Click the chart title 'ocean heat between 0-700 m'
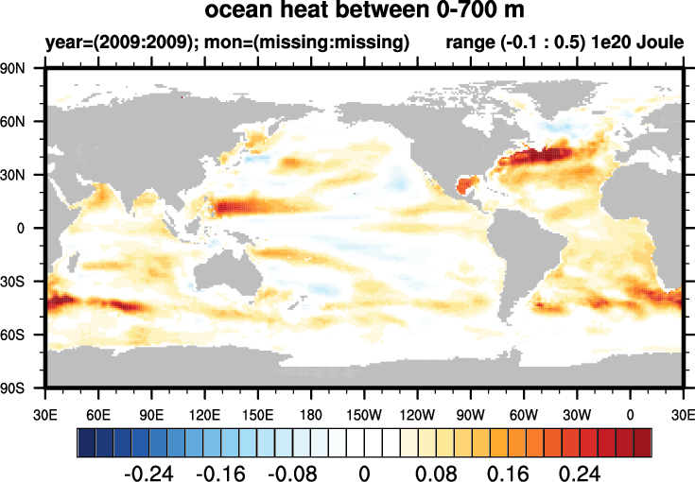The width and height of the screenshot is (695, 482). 364,13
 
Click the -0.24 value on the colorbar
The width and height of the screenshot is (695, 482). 151,471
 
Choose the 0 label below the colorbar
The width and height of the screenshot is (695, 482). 364,471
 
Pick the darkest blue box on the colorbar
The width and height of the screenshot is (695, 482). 85,441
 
